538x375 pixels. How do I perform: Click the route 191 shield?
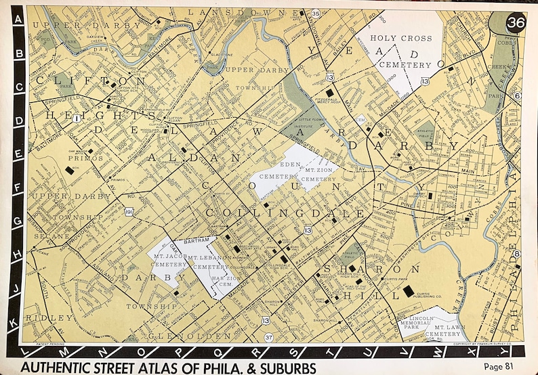[129, 213]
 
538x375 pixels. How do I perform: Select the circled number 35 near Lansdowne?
[315, 14]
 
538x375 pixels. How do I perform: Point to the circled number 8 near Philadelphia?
[516, 254]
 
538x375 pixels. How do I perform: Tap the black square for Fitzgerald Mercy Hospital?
[330, 92]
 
